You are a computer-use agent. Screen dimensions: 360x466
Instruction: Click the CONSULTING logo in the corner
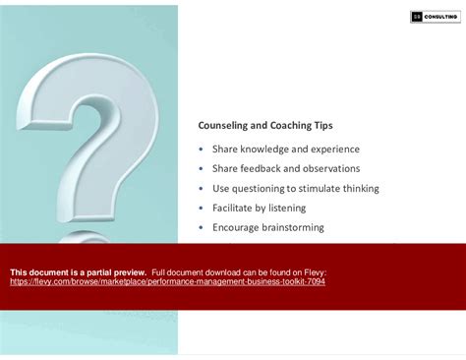point(434,17)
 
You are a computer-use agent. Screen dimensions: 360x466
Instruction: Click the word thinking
point(361,188)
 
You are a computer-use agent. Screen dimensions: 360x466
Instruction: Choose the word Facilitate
point(237,208)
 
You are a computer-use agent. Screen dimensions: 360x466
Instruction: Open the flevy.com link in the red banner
point(167,281)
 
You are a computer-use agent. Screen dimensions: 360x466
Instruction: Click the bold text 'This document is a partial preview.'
point(78,271)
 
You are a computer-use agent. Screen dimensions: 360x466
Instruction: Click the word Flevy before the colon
point(313,271)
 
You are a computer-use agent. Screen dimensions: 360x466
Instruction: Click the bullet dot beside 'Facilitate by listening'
point(202,208)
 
